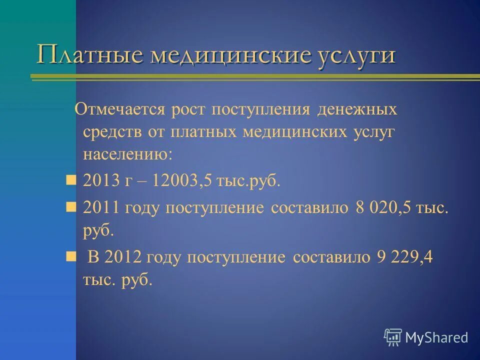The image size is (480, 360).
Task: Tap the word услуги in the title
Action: coord(349,55)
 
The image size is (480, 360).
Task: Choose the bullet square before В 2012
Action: coord(71,256)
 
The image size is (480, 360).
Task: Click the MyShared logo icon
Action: coord(393,337)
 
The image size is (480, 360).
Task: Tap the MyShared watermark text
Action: coord(436,338)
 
